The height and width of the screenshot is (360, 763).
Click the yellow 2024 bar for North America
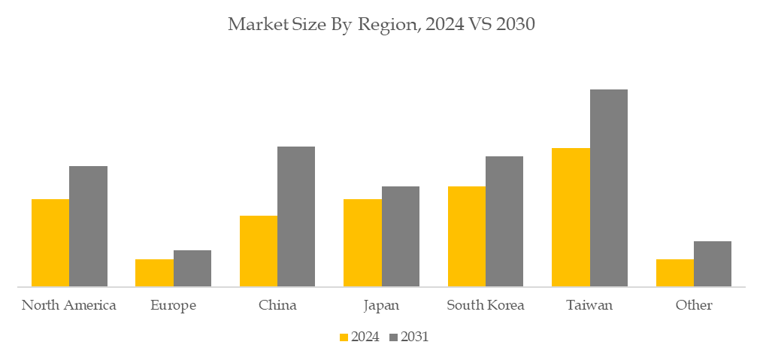(50, 243)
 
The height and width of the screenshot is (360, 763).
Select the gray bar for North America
(89, 226)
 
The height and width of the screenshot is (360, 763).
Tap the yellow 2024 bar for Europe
(154, 273)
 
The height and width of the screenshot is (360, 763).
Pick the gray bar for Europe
(192, 268)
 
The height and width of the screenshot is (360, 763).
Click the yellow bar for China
(259, 251)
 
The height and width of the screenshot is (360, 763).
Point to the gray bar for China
(296, 216)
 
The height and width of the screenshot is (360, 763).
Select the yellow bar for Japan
(362, 243)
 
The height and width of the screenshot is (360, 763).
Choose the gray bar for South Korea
(504, 221)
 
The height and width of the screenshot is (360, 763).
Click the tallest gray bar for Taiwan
(609, 188)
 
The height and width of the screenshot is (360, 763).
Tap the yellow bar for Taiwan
(571, 217)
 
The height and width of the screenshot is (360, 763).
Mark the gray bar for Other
(713, 264)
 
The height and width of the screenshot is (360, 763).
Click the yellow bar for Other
(675, 273)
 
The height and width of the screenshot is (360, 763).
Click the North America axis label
(69, 305)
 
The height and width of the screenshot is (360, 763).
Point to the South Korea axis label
(486, 305)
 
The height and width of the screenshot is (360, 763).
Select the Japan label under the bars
(382, 306)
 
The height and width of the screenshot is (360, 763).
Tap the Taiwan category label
(590, 306)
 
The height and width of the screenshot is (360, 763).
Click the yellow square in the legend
(344, 337)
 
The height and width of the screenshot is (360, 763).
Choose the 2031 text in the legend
(415, 337)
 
